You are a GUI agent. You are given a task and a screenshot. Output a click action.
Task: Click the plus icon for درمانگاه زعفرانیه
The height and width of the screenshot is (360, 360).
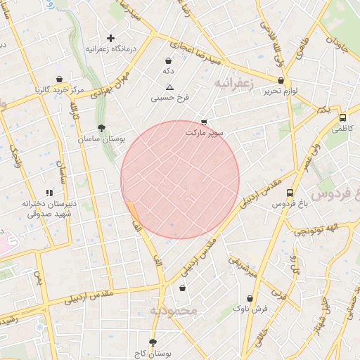point(110,38)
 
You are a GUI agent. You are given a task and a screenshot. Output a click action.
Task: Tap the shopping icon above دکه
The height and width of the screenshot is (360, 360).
point(168,60)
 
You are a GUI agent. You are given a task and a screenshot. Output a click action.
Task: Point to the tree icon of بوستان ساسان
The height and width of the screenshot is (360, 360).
point(103,128)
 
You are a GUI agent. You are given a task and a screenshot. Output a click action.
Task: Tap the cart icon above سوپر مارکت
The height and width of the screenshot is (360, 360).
point(204,122)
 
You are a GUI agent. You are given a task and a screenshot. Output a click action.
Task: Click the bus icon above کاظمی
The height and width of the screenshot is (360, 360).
point(342,118)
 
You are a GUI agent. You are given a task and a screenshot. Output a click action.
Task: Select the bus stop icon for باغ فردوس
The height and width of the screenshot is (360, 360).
point(290,192)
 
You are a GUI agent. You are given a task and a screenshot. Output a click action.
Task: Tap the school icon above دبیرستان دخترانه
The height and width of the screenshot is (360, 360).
point(49,193)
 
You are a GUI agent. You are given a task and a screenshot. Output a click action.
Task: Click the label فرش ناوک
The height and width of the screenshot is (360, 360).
point(251,309)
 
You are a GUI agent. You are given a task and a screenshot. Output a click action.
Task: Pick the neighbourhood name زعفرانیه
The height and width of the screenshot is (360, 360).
point(233,82)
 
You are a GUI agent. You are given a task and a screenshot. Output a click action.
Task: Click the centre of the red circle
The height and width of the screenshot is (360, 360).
point(180,180)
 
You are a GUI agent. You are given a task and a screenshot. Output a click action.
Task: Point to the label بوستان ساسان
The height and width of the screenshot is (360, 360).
point(102,139)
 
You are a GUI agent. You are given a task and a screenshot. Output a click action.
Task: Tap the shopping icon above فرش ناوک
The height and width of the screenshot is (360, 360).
point(251,297)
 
